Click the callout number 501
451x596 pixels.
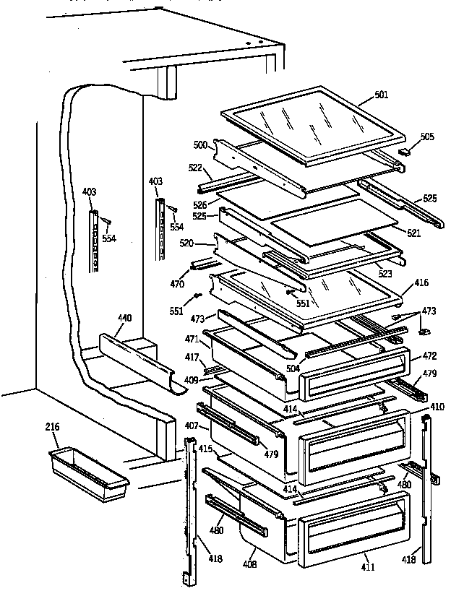[x=381, y=95]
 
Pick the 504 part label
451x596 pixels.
[x=293, y=368]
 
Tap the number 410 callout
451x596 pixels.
[x=437, y=407]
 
